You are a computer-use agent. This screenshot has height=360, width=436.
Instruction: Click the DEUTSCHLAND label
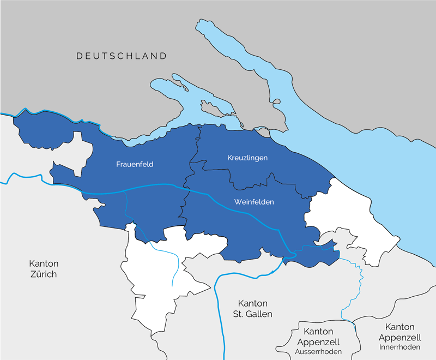point(122,56)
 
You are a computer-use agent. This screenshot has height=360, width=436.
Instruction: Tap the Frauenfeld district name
point(134,164)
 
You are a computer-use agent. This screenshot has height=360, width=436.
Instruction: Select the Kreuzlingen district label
point(247,158)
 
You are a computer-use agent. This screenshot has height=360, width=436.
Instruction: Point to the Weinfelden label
point(253,202)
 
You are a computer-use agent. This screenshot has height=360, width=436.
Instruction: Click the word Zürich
point(43,274)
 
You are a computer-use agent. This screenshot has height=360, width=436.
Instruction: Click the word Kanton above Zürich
point(43,263)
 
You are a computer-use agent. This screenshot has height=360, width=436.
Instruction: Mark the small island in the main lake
point(276,101)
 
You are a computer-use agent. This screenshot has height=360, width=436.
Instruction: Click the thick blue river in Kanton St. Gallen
point(219,305)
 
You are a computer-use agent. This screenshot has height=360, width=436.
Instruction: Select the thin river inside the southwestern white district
point(173,267)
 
